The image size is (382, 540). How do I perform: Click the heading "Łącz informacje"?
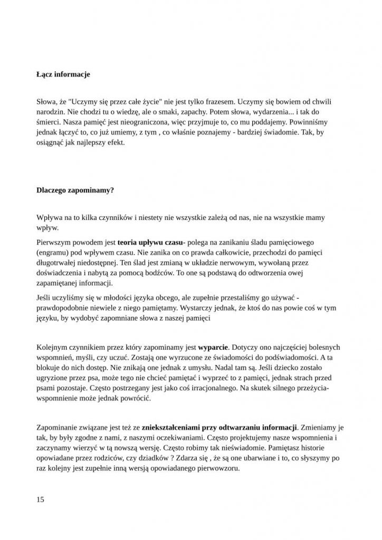(x=63, y=74)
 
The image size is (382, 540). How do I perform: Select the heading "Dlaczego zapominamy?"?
(x=75, y=191)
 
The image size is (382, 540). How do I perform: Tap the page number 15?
(x=41, y=499)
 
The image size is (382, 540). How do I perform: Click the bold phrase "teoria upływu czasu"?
(x=149, y=243)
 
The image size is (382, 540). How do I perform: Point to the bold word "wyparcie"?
(x=213, y=348)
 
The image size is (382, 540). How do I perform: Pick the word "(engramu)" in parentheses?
(x=53, y=253)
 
